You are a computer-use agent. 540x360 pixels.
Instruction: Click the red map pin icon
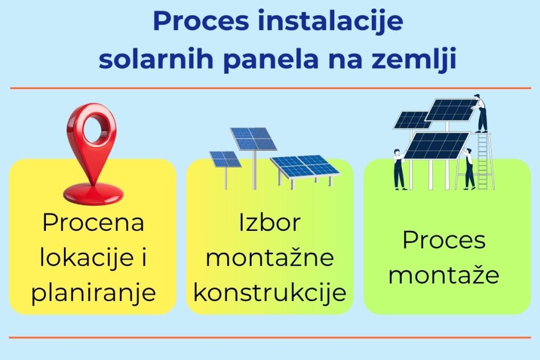coord(92,153)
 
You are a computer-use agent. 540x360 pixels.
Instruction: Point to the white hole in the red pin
coord(93,126)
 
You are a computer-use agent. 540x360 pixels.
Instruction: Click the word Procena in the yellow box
coord(93,222)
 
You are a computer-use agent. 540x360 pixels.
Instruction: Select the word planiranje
coord(93,294)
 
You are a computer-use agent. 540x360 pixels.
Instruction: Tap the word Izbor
coord(269,222)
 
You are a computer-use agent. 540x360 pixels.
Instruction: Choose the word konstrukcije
coord(269,294)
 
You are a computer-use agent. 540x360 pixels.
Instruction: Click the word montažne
coord(269,258)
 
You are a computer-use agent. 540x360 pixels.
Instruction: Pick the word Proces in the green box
coord(443,240)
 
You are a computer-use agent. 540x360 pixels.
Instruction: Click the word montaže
coord(443,276)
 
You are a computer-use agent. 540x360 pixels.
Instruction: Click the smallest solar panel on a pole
coord(225,159)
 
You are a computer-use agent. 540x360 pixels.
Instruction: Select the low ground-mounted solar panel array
coord(305,167)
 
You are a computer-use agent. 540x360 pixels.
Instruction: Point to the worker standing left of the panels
coord(399,169)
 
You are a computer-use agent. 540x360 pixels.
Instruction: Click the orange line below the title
coord(270,88)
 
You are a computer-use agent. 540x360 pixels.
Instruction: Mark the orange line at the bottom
coord(270,337)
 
